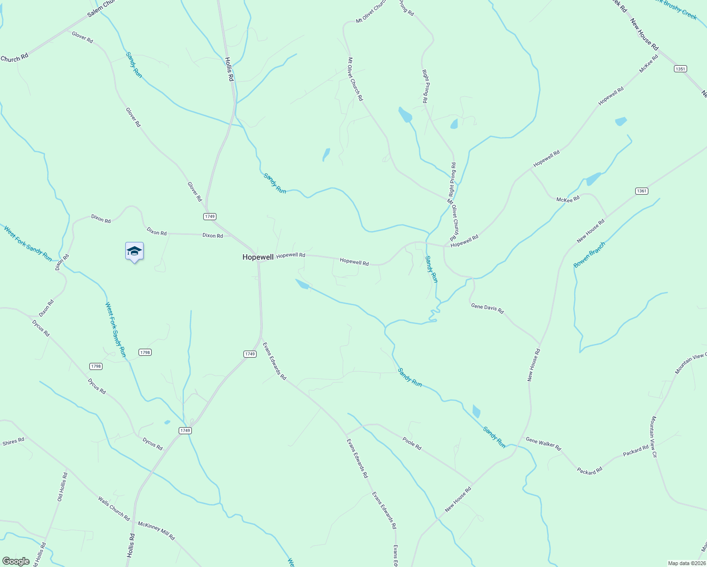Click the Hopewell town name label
point(258,257)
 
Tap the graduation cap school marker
point(134,251)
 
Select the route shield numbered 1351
point(680,69)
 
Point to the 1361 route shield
point(641,191)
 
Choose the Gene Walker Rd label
point(543,444)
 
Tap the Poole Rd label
point(412,443)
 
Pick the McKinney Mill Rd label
point(156,531)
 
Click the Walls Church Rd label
point(114,508)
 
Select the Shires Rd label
point(13,442)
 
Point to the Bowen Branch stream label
point(589,255)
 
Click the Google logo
point(16,561)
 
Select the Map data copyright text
point(686,563)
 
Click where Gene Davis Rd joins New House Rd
point(539,344)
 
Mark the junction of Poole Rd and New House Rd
point(473,484)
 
